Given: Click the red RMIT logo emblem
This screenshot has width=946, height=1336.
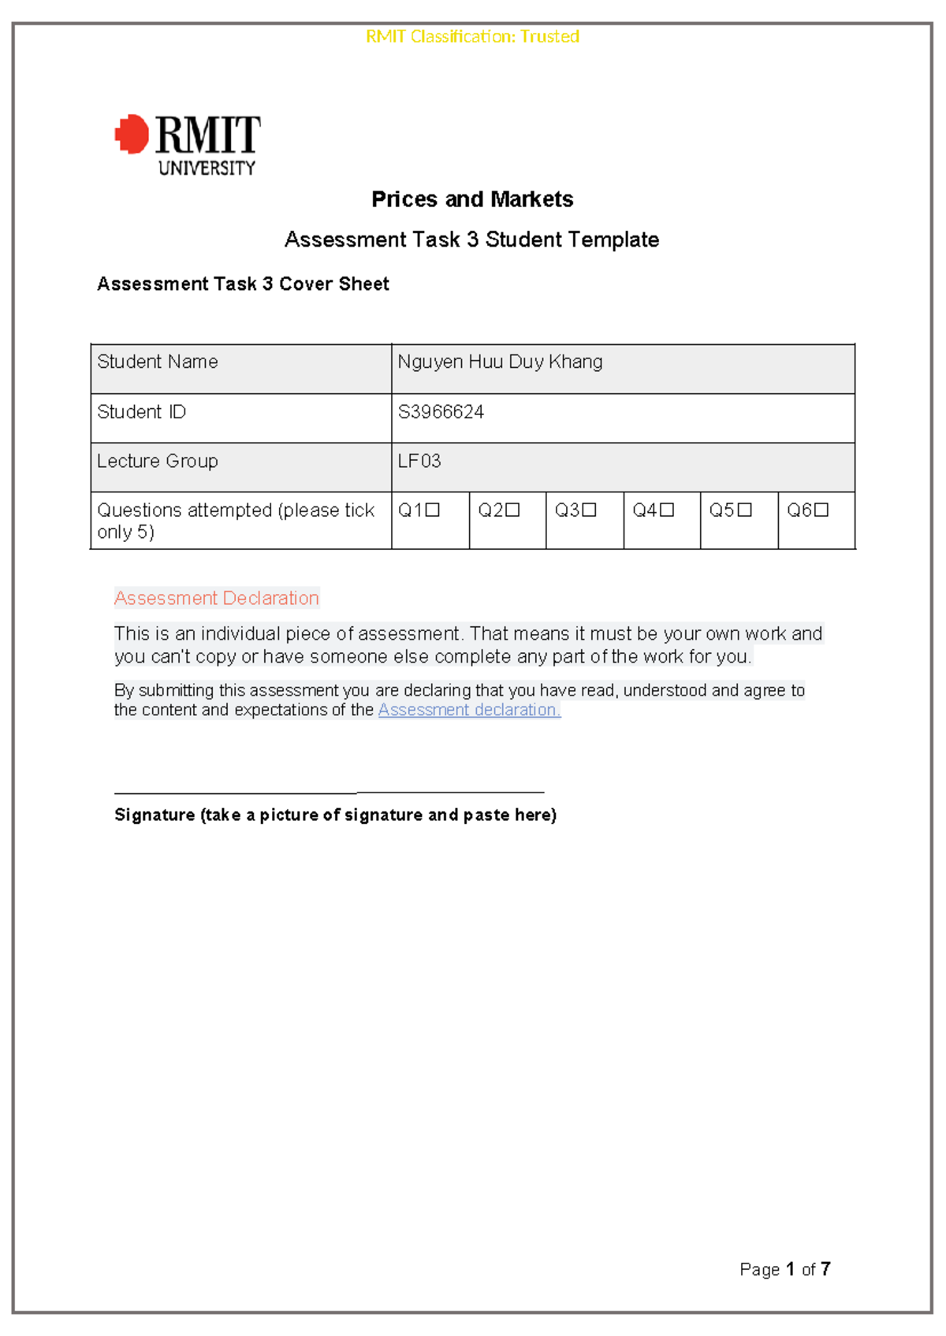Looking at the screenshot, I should click(132, 134).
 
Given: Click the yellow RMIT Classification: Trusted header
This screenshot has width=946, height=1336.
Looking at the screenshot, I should click(472, 36).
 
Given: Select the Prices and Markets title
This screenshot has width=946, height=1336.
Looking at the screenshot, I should click(472, 199).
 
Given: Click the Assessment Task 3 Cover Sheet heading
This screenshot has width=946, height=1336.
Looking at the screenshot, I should click(243, 284).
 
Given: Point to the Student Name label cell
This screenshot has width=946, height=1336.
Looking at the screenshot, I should click(158, 362).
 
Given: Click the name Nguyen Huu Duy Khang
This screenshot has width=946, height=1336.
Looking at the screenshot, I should click(500, 362).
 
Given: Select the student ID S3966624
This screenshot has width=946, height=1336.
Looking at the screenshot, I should click(441, 412).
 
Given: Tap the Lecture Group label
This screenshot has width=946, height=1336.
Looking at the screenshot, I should click(158, 461).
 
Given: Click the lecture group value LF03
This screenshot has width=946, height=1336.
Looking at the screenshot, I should click(419, 461).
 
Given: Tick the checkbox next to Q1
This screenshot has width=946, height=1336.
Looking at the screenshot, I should click(433, 510).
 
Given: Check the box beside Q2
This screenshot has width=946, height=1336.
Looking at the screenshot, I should click(512, 510).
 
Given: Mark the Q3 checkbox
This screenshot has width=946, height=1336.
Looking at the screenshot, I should click(589, 510).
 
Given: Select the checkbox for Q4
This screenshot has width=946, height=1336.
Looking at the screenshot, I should click(667, 510).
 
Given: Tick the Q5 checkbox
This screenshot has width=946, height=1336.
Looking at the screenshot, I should click(744, 510).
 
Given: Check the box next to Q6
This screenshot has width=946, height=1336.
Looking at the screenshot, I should click(821, 510).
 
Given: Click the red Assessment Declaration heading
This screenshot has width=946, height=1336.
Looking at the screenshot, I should click(217, 598).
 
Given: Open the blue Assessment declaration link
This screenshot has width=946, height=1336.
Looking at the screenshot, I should click(469, 710).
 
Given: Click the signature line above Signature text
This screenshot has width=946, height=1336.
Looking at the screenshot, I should click(329, 792).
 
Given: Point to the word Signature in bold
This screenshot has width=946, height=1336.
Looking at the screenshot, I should click(155, 815).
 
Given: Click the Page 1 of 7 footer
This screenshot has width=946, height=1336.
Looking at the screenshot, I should click(784, 1269).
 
